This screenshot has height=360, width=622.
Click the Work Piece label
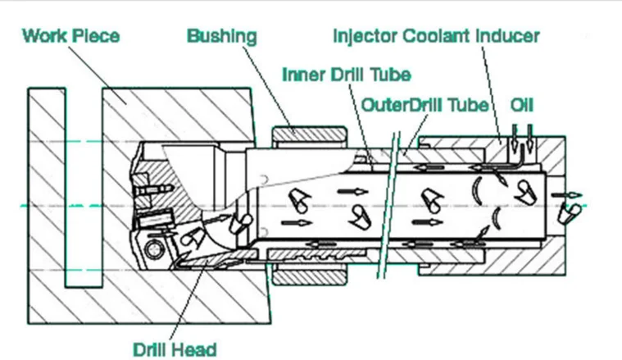coord(70,36)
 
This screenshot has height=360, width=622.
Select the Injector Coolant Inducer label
coord(436,36)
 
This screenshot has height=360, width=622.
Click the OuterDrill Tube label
coord(425,106)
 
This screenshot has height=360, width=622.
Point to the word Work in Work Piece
coord(44,36)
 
